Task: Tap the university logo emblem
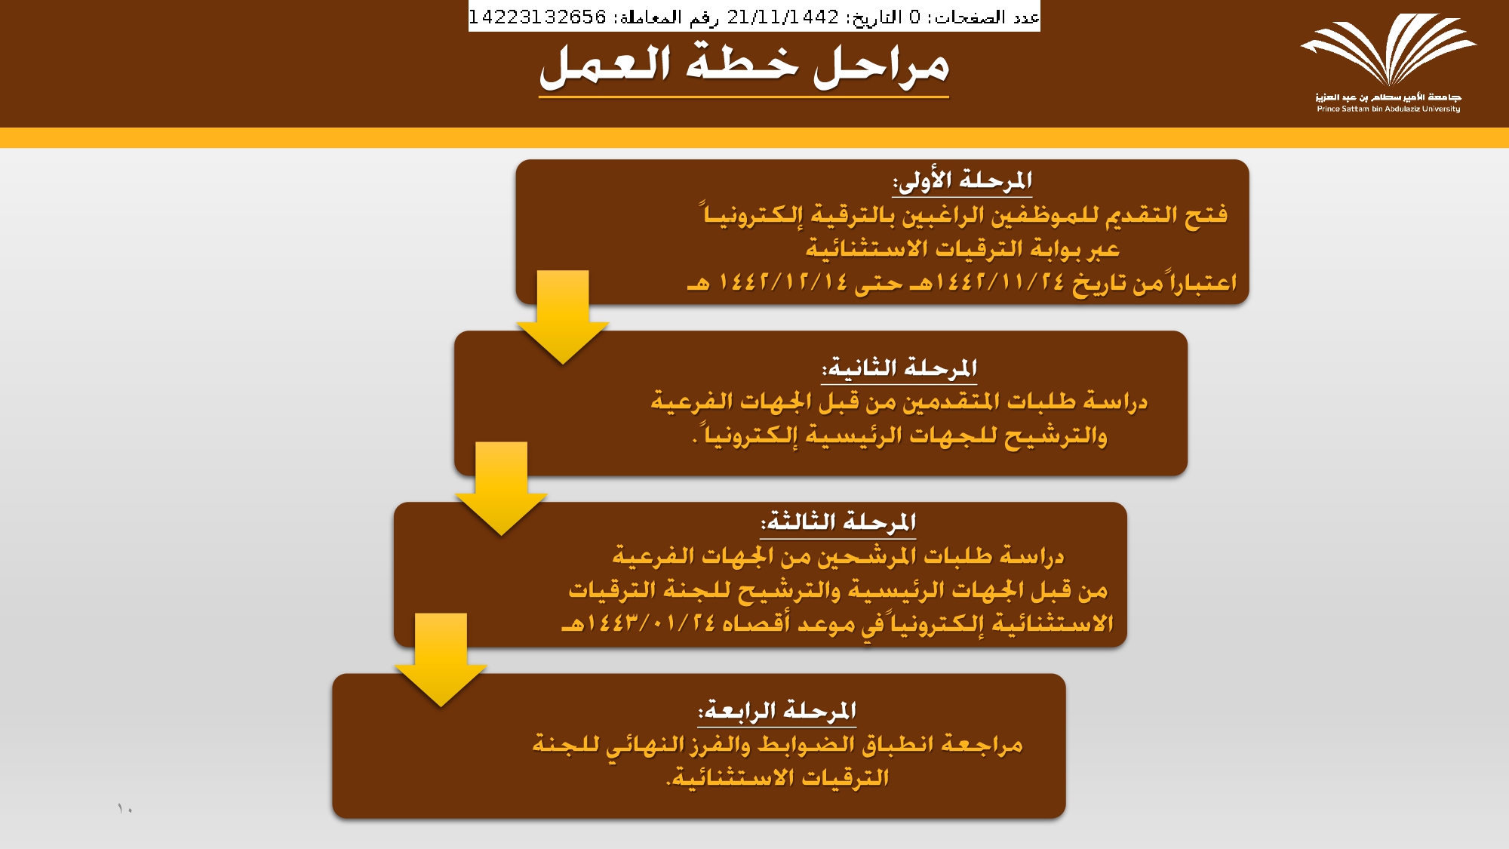pos(1388,50)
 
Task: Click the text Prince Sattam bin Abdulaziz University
pos(1388,109)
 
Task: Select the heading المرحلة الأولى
pos(962,181)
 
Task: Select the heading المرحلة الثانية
pos(899,368)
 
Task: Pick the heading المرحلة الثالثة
pos(838,522)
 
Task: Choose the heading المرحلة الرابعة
pos(777,711)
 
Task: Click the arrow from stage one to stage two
pos(563,317)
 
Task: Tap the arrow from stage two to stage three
pos(501,488)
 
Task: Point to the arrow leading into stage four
pos(441,660)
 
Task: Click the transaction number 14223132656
pos(537,17)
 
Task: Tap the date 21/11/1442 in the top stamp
pos(783,17)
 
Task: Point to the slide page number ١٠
pos(125,809)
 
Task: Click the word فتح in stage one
pos(1206,216)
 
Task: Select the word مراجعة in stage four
pos(982,746)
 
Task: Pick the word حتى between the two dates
pos(879,285)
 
